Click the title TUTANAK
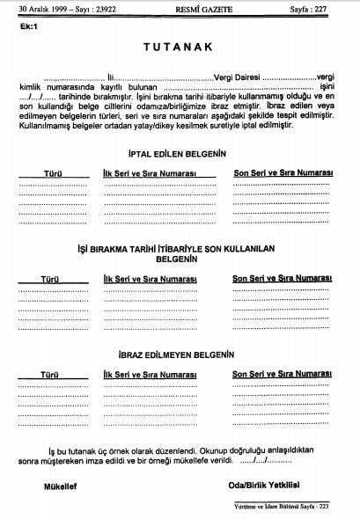tap(180, 47)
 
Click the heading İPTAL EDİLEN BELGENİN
tap(177, 152)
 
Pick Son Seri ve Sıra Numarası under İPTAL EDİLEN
tap(281, 174)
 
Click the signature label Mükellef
tap(61, 486)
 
